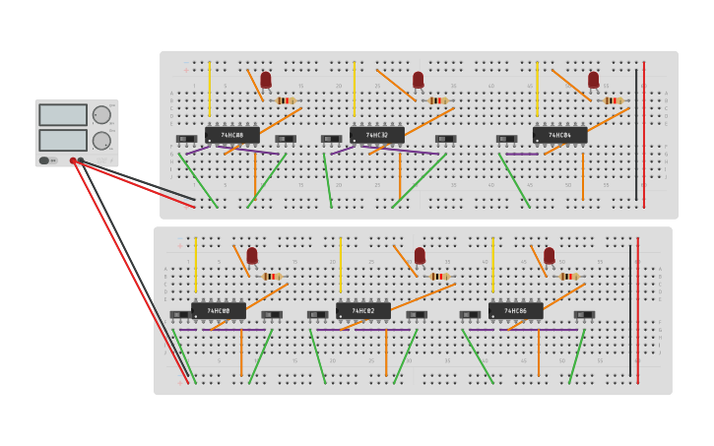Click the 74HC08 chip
pyautogui.click(x=231, y=135)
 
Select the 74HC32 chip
pyautogui.click(x=376, y=135)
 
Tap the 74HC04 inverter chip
pyautogui.click(x=559, y=135)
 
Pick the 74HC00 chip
pyautogui.click(x=219, y=311)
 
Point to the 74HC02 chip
pyautogui.click(x=363, y=311)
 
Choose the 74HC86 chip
pyautogui.click(x=515, y=311)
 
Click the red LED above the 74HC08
pyautogui.click(x=266, y=79)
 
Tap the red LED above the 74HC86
pyautogui.click(x=549, y=255)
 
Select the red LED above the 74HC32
pyautogui.click(x=419, y=79)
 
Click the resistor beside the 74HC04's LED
pyautogui.click(x=613, y=100)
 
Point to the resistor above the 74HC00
pyautogui.click(x=271, y=277)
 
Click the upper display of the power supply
pyautogui.click(x=63, y=115)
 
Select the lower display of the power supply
pyautogui.click(x=63, y=140)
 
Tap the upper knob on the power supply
pyautogui.click(x=101, y=115)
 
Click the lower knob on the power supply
pyautogui.click(x=101, y=141)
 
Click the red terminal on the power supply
pyautogui.click(x=73, y=160)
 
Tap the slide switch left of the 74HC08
pyautogui.click(x=186, y=139)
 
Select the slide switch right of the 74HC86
pyautogui.click(x=584, y=315)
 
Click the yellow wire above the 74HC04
pyautogui.click(x=538, y=89)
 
